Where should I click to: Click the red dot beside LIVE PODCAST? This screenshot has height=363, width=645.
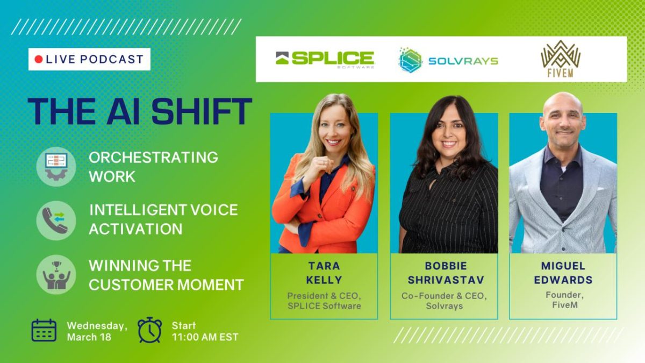39,59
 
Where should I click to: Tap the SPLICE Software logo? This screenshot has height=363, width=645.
325,60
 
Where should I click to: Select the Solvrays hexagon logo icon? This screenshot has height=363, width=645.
410,60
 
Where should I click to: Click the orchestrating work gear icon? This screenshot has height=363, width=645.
56,167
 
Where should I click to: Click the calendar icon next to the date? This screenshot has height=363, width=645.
44,330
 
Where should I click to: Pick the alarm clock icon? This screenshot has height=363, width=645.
150,330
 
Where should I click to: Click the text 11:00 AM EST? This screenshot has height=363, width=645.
205,337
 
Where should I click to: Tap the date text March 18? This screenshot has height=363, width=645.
89,337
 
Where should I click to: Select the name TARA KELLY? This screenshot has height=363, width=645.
324,273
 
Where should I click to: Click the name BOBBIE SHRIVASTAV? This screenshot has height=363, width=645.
446,273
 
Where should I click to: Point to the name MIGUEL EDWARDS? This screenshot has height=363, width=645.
563,273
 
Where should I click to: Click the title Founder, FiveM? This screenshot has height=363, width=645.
564,300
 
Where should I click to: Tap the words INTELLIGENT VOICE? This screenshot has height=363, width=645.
163,210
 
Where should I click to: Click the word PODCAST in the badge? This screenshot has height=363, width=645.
111,59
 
